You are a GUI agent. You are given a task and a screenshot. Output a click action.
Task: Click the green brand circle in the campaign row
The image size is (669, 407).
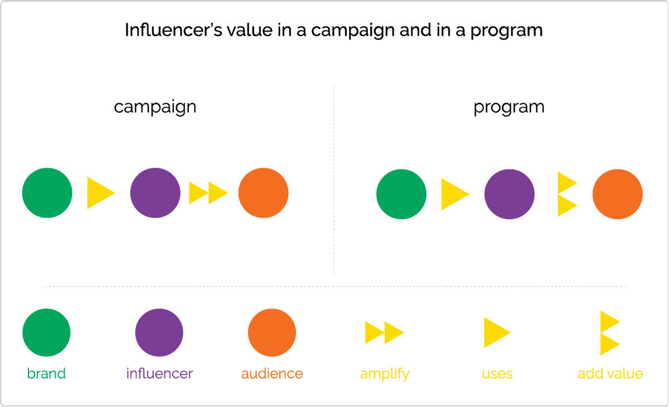[x=47, y=193]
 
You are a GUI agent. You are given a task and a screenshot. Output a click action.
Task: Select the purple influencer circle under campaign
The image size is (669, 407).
[x=156, y=193]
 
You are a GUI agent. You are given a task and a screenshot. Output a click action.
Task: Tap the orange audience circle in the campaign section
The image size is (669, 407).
[x=263, y=193]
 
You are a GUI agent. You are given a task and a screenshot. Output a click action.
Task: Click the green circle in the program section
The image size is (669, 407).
[x=401, y=194]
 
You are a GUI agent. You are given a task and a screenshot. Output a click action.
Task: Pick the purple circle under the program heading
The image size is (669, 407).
[x=510, y=194]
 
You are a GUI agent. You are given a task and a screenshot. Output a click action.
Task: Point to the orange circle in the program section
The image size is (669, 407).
[x=618, y=194]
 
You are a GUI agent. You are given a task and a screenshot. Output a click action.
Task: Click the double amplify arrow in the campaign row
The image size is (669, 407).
[x=209, y=193]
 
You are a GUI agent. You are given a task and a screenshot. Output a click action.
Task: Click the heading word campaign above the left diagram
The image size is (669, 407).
[x=155, y=107]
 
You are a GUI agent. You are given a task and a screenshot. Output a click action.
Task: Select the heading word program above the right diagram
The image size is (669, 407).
[x=509, y=107]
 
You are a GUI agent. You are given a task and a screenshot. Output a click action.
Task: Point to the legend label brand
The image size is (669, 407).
[x=46, y=373]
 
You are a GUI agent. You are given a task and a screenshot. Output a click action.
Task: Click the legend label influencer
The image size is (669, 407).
[x=159, y=373]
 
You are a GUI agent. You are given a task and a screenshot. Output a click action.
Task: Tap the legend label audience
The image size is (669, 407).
[x=272, y=374]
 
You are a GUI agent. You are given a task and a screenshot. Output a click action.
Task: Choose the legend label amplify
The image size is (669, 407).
[x=385, y=374]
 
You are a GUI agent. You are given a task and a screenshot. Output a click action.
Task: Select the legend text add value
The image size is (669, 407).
[x=610, y=374]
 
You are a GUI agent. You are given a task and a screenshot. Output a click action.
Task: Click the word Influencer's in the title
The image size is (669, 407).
[x=173, y=30]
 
